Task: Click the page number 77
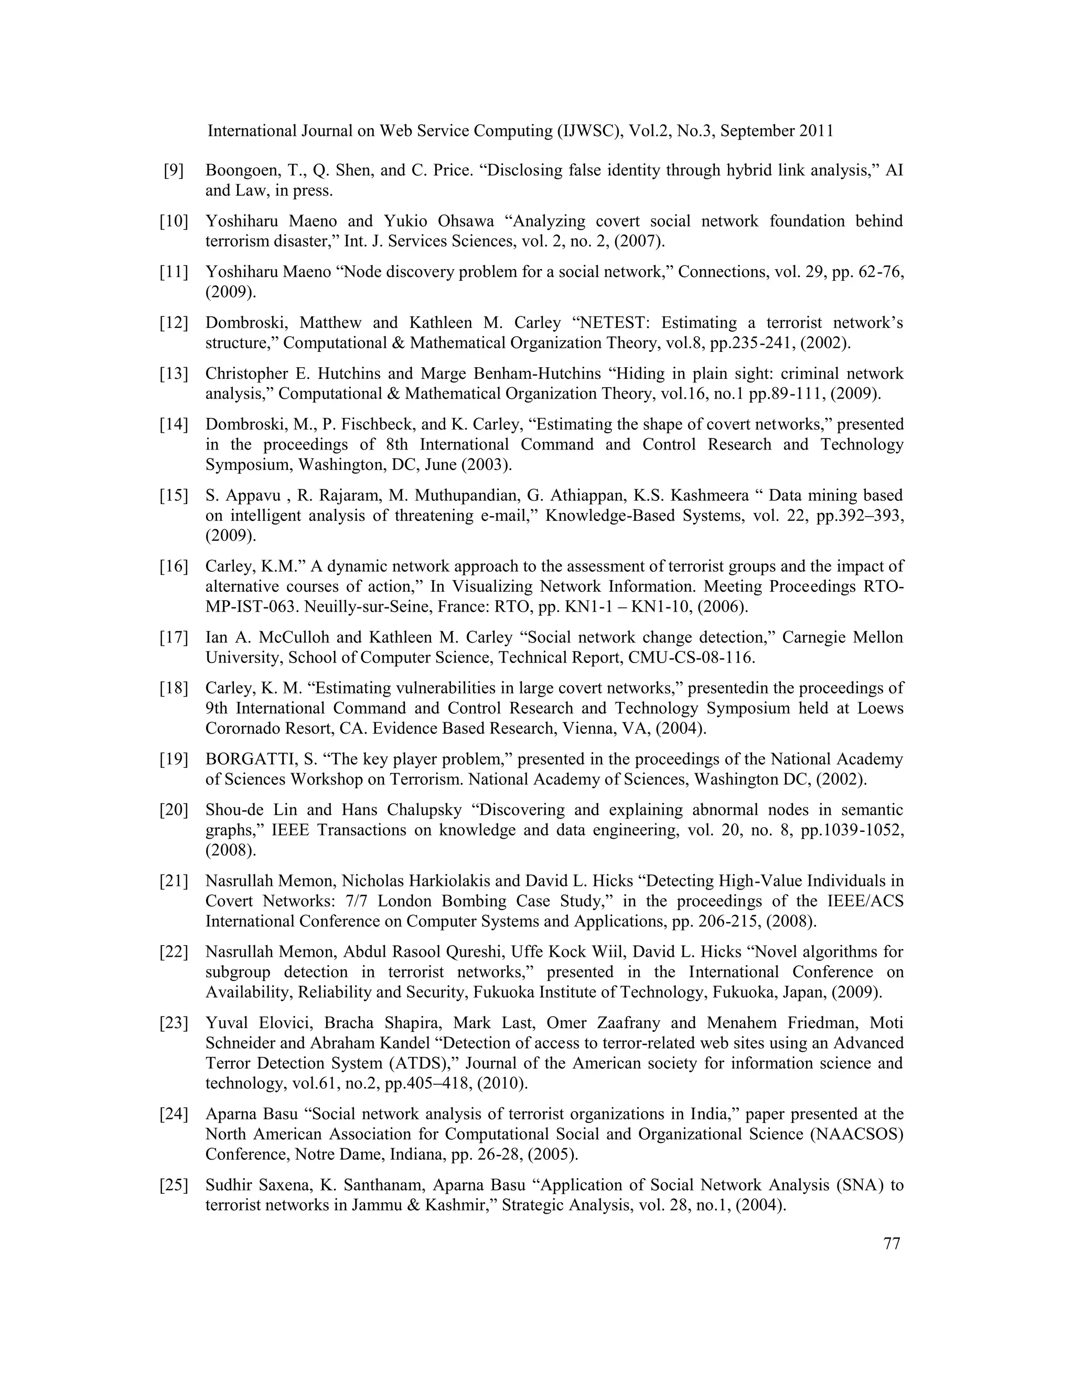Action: (892, 1244)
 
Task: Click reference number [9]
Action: (174, 170)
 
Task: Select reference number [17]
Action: (174, 638)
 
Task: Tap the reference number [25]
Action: (174, 1185)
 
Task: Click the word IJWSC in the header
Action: (589, 131)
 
